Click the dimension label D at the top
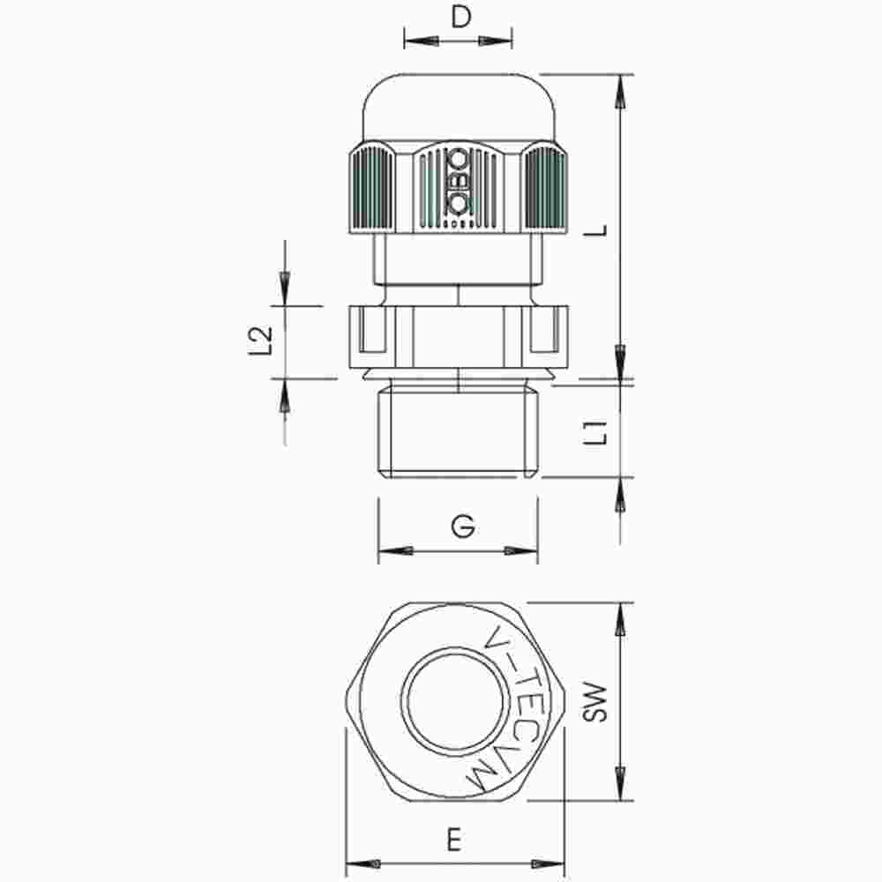click(459, 19)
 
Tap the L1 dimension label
click(599, 431)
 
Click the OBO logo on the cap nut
click(459, 183)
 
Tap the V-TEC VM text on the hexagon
click(512, 706)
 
